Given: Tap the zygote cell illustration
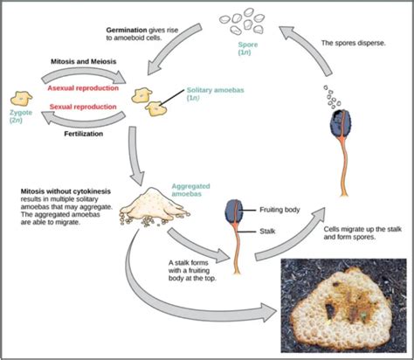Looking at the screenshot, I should tap(22, 98).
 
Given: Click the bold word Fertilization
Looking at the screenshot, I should tap(84, 135).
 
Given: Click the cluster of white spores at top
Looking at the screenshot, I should tap(247, 20).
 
